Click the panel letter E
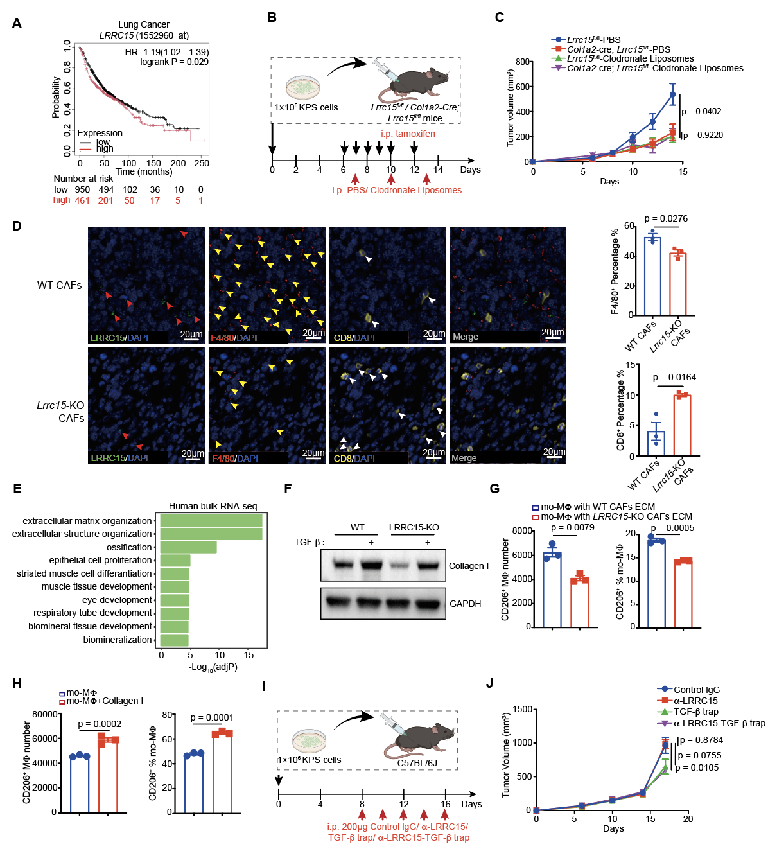17,489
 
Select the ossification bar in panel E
188,547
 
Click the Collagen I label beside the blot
469,566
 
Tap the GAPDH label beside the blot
465,604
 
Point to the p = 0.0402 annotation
701,111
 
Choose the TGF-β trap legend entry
688,712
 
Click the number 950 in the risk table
83,189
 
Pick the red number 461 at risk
82,200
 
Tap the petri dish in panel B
302,87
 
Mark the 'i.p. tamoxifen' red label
408,134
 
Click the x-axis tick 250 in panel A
202,163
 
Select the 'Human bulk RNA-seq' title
213,506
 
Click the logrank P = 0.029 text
175,62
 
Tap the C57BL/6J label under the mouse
417,763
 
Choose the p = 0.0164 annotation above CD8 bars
674,377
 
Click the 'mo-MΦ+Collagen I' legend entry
101,701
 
